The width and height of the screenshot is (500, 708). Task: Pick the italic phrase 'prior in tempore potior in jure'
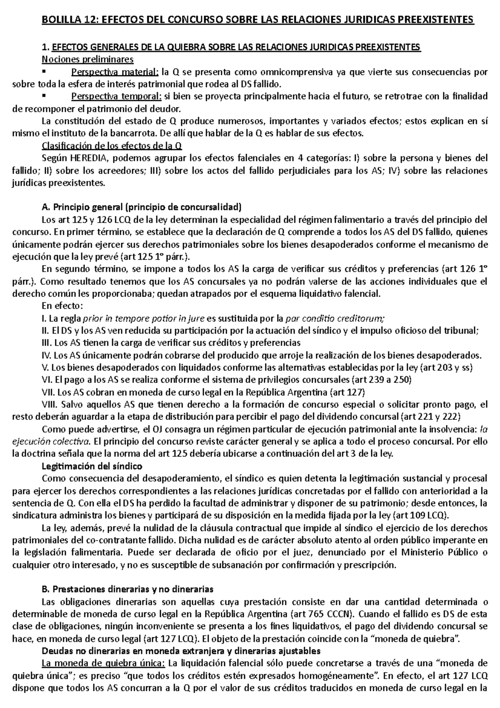(x=144, y=319)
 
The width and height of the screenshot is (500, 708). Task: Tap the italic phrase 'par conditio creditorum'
(x=335, y=319)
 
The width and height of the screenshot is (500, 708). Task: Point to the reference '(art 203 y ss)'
(x=452, y=368)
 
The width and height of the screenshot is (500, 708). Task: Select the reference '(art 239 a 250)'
(x=382, y=380)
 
